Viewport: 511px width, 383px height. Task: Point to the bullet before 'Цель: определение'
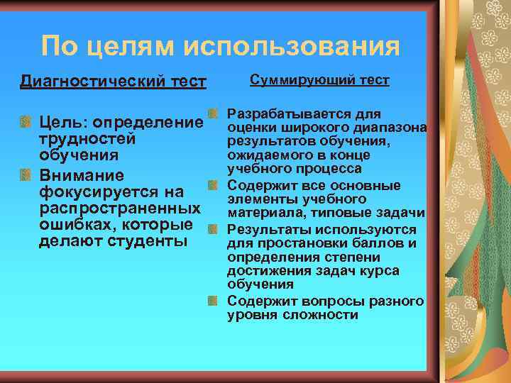point(26,122)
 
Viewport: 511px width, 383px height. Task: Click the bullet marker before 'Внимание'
point(26,174)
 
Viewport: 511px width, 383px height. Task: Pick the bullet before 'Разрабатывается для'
point(213,114)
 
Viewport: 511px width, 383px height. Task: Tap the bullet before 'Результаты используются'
point(213,231)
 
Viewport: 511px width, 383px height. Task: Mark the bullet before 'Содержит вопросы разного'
point(213,301)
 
